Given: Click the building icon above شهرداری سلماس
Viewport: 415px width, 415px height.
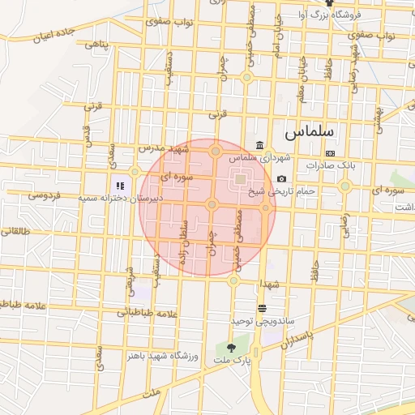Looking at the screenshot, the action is click(259, 146).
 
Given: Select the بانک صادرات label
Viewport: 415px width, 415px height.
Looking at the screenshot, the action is click(332, 165).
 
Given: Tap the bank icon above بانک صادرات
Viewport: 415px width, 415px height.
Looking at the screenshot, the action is click(330, 152).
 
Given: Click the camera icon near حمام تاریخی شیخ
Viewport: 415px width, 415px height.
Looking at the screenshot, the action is click(281, 179).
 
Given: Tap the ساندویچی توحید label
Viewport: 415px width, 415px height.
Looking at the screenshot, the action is click(261, 322).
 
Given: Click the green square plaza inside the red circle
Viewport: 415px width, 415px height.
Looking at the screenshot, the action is click(241, 178).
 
